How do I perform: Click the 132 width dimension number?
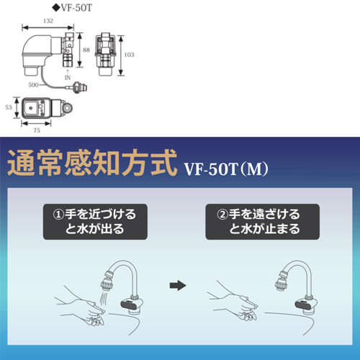48,21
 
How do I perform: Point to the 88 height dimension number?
86,50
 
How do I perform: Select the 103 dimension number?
129,55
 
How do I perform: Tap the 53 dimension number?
9,107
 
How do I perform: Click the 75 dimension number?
37,130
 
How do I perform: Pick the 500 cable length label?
33,85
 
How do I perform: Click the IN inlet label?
68,78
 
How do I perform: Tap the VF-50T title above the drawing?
76,8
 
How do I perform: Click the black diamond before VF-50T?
56,8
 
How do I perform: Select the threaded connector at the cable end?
80,87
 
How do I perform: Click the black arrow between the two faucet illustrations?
178,286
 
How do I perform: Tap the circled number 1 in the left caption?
58,215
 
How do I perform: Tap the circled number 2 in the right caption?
222,215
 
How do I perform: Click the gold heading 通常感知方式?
92,163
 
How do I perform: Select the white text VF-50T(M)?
226,168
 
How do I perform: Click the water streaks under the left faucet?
104,298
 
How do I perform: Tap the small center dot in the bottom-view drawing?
30,108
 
